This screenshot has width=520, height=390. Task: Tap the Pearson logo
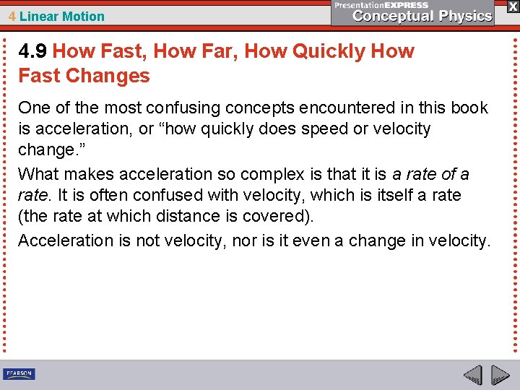(x=19, y=374)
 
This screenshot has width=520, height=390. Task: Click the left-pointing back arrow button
(x=472, y=376)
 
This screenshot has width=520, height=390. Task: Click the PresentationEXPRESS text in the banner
(x=381, y=5)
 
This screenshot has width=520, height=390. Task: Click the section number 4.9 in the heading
(x=32, y=52)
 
